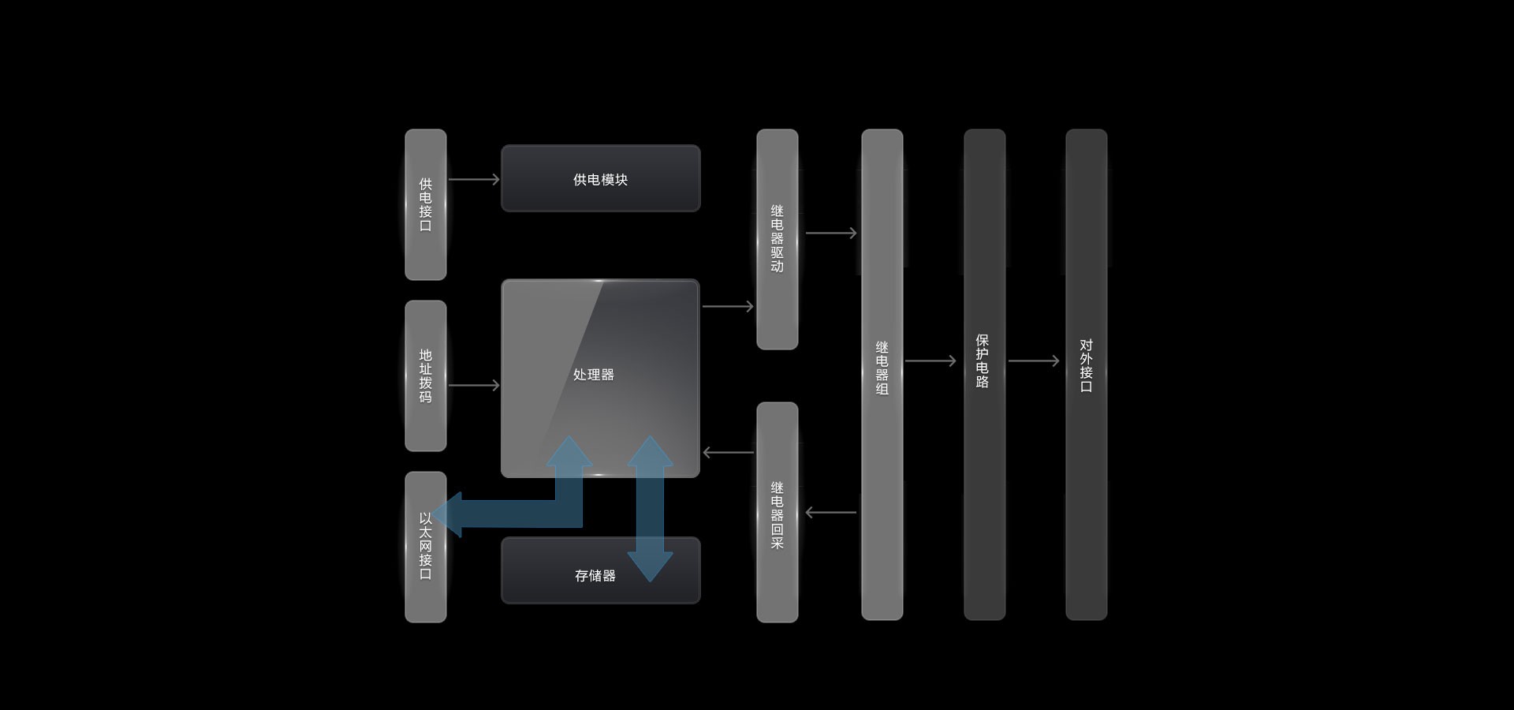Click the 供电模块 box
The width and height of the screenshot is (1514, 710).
pos(600,178)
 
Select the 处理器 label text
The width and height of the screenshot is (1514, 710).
pos(593,375)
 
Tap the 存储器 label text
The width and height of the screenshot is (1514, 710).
pos(595,576)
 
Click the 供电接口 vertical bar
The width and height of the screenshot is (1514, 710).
pos(425,204)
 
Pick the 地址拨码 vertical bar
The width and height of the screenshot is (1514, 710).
pos(425,376)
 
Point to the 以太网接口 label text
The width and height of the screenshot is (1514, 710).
pos(425,546)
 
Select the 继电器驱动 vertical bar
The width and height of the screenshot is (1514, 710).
pos(777,238)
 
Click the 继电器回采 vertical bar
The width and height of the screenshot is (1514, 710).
pos(777,513)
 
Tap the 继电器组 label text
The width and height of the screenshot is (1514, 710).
pos(882,368)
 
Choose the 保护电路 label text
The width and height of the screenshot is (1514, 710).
pos(983,361)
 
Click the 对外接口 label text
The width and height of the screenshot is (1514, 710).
pos(1086,365)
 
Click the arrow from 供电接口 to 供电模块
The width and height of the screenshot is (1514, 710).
pos(473,180)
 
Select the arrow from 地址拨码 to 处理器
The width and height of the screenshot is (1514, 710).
pos(473,386)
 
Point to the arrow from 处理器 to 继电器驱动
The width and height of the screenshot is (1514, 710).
pos(727,306)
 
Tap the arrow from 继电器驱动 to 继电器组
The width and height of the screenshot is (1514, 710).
pos(830,233)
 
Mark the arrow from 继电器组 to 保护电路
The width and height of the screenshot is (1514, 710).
pos(930,361)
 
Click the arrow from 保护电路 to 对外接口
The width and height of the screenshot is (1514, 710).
pos(1033,361)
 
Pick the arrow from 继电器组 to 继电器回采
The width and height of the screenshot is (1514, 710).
pos(830,513)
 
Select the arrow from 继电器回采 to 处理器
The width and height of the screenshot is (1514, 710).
pos(727,452)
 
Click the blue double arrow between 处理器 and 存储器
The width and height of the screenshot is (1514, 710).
pos(650,509)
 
